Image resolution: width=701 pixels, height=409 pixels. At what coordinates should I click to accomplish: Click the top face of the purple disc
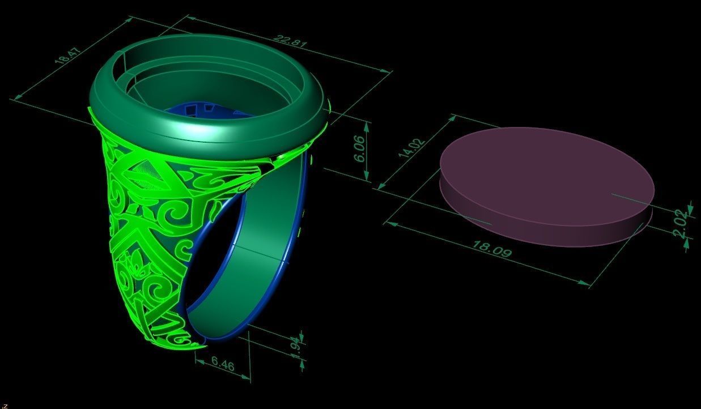pyautogui.click(x=544, y=170)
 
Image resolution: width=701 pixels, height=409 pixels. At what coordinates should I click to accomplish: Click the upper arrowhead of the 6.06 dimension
pyautogui.click(x=367, y=126)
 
